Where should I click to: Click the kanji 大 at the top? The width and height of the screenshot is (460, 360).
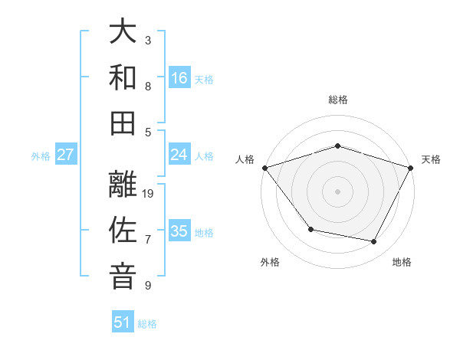coord(123,32)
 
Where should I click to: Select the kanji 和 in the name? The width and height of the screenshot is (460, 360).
coord(123,77)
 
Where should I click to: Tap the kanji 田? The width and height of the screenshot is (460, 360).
coord(123,123)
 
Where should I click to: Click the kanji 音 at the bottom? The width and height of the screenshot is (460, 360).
coord(123,277)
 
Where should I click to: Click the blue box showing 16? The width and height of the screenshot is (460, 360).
coord(179,78)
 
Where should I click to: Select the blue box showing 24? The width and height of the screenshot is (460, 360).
coord(179,155)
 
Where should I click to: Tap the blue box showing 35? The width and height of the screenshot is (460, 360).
coord(179,231)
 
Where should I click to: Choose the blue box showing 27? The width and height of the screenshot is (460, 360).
coord(66,155)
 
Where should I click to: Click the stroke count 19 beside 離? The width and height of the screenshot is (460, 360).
coord(149,193)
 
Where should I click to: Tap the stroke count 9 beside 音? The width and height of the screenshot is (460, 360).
coord(148,286)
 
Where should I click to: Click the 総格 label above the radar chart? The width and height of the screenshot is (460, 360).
coord(337,100)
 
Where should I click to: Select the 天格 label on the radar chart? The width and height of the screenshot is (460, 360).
coord(431,159)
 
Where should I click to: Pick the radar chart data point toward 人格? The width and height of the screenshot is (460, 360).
coord(264,168)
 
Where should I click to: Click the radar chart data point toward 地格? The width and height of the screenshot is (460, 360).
coord(374,242)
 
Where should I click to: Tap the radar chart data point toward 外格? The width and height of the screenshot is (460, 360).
coord(310,229)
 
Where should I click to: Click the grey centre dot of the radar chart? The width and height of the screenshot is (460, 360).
coord(337,191)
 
